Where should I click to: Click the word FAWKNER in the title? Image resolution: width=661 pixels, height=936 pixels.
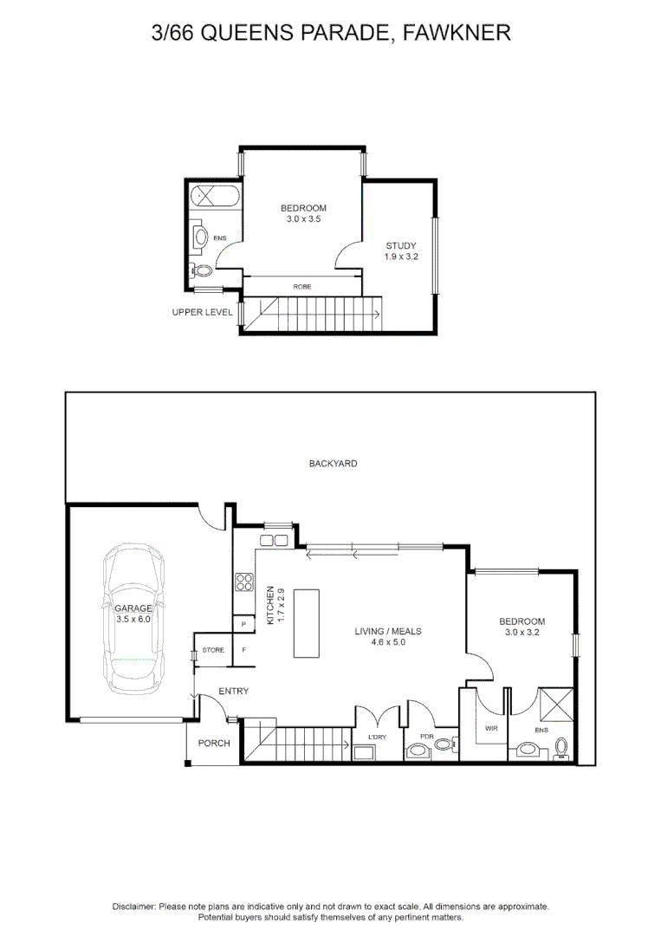coord(457,32)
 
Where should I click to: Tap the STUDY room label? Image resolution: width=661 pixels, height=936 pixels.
coord(401,245)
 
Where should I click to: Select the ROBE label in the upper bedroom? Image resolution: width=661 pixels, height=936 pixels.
coord(302,287)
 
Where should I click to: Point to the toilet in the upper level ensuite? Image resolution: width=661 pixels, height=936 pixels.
coord(200,270)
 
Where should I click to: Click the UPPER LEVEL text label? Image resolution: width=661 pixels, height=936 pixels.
coord(202,312)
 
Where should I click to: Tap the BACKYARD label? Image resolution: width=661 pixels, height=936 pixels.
coord(333,463)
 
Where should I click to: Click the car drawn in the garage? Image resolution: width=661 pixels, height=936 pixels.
coord(133,619)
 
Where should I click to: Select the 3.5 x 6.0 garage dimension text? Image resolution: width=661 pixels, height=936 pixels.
coord(133,619)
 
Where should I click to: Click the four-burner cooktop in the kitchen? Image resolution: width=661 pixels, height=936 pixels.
coord(244,582)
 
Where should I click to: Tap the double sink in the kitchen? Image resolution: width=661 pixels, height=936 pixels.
coord(274,541)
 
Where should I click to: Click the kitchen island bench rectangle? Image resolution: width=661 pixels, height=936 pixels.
coord(307,623)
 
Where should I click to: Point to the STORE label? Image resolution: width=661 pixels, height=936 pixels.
coord(213,650)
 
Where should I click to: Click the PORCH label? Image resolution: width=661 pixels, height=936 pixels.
coord(214,744)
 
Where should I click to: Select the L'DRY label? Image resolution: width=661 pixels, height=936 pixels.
coord(377,738)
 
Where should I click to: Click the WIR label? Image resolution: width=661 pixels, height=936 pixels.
coord(491,728)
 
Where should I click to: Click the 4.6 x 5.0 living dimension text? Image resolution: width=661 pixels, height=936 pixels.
coord(388,641)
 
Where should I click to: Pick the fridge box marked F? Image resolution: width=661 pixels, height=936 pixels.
coord(244,649)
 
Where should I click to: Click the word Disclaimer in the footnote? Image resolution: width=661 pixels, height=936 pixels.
coord(134,907)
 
